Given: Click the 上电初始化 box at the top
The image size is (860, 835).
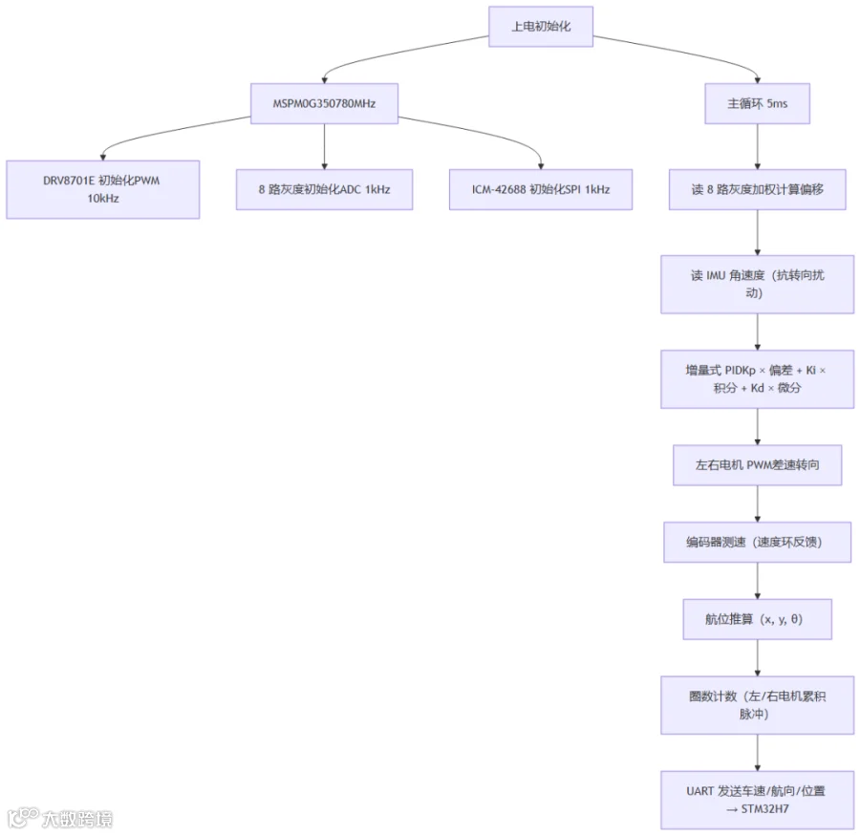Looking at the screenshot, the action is [541, 27].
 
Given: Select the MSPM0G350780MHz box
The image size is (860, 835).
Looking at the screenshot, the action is [324, 103].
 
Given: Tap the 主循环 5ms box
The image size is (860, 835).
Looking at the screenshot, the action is [757, 103].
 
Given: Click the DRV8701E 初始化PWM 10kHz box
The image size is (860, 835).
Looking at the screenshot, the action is [102, 190].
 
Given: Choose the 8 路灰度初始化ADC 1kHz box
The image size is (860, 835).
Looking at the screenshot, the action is [324, 190].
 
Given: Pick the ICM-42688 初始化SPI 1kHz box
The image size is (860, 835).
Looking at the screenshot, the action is [541, 190].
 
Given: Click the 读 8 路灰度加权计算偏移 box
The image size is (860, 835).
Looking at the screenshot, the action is [758, 190].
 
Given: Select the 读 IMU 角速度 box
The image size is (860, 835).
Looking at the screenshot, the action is [758, 285].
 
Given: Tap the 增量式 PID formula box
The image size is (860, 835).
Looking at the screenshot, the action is [758, 379].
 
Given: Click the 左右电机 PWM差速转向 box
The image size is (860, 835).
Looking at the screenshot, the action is [758, 465].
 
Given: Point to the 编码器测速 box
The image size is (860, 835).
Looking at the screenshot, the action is [758, 543].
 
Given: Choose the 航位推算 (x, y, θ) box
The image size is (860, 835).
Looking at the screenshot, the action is [758, 619].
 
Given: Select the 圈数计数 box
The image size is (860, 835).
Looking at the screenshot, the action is [758, 706].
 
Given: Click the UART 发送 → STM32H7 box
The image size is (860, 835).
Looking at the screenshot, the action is [758, 801].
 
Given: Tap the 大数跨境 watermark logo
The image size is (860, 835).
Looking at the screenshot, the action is [61, 819].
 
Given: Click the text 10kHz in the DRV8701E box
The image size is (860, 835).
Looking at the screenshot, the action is [103, 199].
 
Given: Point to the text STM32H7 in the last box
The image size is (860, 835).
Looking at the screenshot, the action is [765, 809].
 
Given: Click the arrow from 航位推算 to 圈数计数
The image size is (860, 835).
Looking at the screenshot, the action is [758, 658].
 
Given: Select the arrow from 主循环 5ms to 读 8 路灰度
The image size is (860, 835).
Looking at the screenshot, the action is [758, 146].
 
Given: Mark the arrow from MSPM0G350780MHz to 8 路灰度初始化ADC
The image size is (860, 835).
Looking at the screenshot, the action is [324, 146].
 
